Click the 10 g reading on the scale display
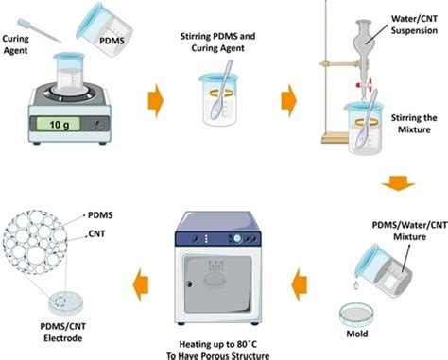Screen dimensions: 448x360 pos(60,125)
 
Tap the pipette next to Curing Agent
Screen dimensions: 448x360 pos(39,30)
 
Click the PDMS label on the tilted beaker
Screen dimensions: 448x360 pos(112,41)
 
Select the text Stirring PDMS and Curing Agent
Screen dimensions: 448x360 pos(217,43)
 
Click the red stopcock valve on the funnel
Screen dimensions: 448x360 pos(364,84)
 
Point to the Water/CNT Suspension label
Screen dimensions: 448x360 pos(414,25)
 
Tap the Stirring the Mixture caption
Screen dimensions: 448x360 pos(414,124)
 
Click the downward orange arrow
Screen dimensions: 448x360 pos(398,183)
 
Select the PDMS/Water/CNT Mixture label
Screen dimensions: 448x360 pos(409,231)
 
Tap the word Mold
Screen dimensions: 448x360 pos(357,334)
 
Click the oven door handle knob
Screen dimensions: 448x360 pos(189,284)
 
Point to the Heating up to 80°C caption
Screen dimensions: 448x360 pos(218,344)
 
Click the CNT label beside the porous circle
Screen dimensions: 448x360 pos(96,234)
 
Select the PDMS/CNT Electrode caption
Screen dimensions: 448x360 pos(63,333)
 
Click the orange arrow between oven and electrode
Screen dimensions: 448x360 pos(141,283)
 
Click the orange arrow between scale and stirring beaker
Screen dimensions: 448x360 pos(156,100)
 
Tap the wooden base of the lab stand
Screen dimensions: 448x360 pos(335,138)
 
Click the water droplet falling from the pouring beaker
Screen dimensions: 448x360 pos(355,285)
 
